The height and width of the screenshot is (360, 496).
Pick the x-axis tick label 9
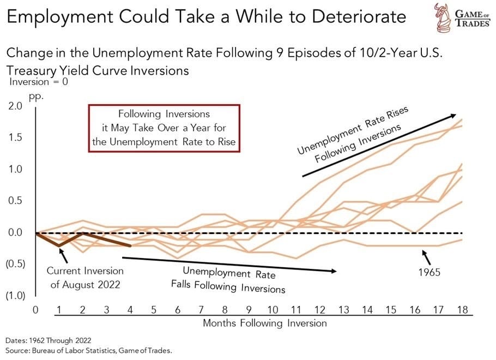(x=249, y=310)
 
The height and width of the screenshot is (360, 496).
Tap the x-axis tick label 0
(x=35, y=310)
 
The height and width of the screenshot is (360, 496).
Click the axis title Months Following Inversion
(x=265, y=323)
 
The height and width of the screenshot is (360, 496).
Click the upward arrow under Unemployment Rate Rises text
(x=379, y=145)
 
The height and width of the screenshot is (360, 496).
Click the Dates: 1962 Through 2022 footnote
(x=47, y=339)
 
